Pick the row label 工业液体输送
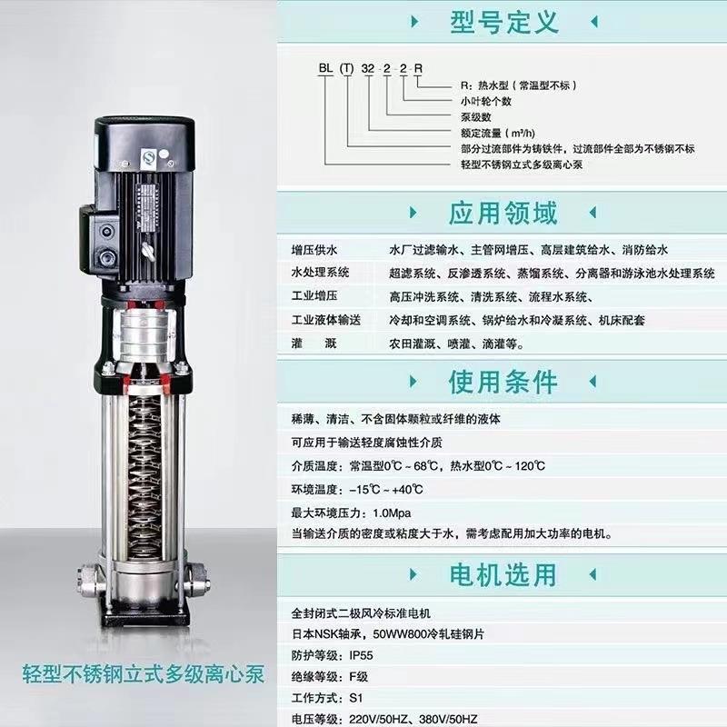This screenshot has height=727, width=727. point(326,321)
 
